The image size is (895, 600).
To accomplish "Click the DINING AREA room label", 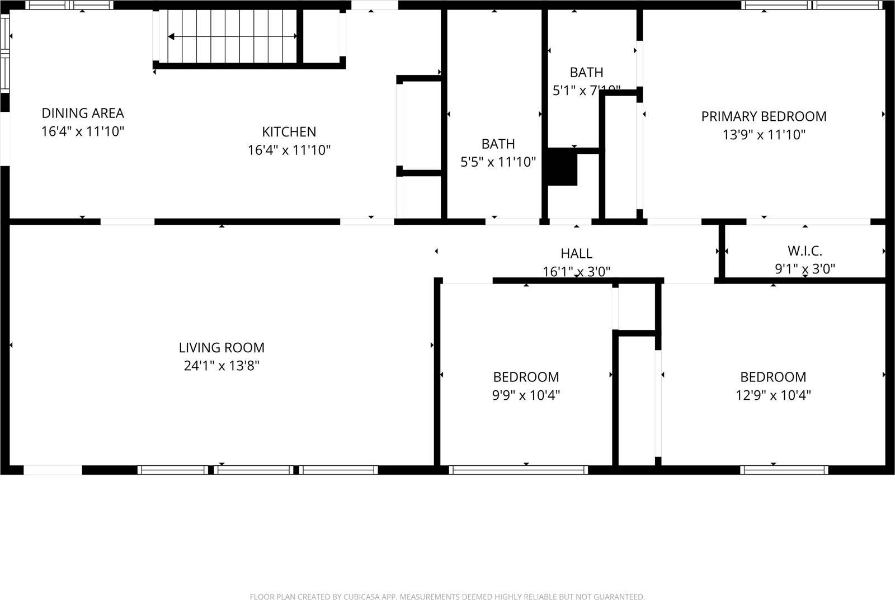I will [83, 113].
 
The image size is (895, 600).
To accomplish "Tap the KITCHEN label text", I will [289, 131].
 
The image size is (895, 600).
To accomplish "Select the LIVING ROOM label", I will [222, 347].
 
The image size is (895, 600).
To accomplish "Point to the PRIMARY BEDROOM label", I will [764, 116].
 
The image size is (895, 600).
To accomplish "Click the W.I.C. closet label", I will [804, 251].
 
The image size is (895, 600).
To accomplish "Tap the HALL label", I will [576, 253].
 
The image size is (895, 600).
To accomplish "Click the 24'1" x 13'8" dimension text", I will [222, 366].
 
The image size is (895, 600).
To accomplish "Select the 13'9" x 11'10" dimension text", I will [764, 135].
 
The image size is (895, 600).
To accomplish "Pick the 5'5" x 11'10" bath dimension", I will [498, 162].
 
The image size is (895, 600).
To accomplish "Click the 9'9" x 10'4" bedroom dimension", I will [526, 395].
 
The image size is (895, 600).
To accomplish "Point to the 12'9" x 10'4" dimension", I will [773, 395].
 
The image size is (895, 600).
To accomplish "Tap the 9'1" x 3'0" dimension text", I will [804, 269].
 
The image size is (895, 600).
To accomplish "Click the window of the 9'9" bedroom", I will [519, 470].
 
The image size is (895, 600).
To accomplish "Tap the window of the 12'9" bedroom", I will [784, 470].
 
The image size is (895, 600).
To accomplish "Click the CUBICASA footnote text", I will [447, 597].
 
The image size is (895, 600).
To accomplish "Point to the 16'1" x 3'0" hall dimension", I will [576, 272].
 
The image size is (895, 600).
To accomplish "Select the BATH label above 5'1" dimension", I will [586, 72].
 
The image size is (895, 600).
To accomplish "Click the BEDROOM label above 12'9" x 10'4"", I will [773, 377].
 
